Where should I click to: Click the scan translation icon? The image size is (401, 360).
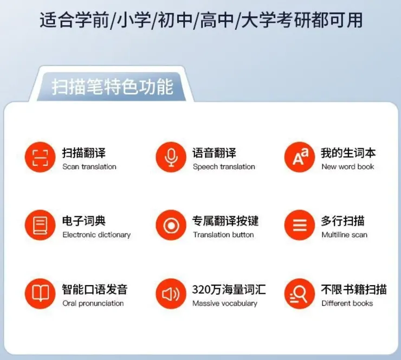pyautogui.click(x=40, y=157)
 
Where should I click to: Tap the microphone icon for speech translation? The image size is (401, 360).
pyautogui.click(x=171, y=157)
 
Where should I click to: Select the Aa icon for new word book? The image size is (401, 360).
pyautogui.click(x=300, y=157)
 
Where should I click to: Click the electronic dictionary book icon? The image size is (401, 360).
pyautogui.click(x=40, y=225)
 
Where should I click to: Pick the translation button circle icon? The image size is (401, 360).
pyautogui.click(x=171, y=225)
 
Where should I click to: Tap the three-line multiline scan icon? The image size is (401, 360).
pyautogui.click(x=300, y=225)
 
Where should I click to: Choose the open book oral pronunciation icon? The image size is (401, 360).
pyautogui.click(x=40, y=293)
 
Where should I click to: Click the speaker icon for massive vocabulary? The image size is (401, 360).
pyautogui.click(x=171, y=293)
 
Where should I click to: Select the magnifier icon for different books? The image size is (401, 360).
pyautogui.click(x=300, y=293)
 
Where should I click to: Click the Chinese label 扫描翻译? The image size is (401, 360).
pyautogui.click(x=84, y=153)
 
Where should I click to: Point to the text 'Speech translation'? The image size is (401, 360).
pyautogui.click(x=224, y=167)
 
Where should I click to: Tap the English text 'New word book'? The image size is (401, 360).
pyautogui.click(x=348, y=167)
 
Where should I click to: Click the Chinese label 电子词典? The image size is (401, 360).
pyautogui.click(x=84, y=221)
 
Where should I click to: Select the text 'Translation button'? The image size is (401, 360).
pyautogui.click(x=223, y=235)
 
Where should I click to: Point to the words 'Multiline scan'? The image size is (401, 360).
pyautogui.click(x=344, y=235)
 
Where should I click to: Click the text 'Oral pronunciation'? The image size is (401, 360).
pyautogui.click(x=93, y=304)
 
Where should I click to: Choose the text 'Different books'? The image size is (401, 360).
pyautogui.click(x=347, y=304)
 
